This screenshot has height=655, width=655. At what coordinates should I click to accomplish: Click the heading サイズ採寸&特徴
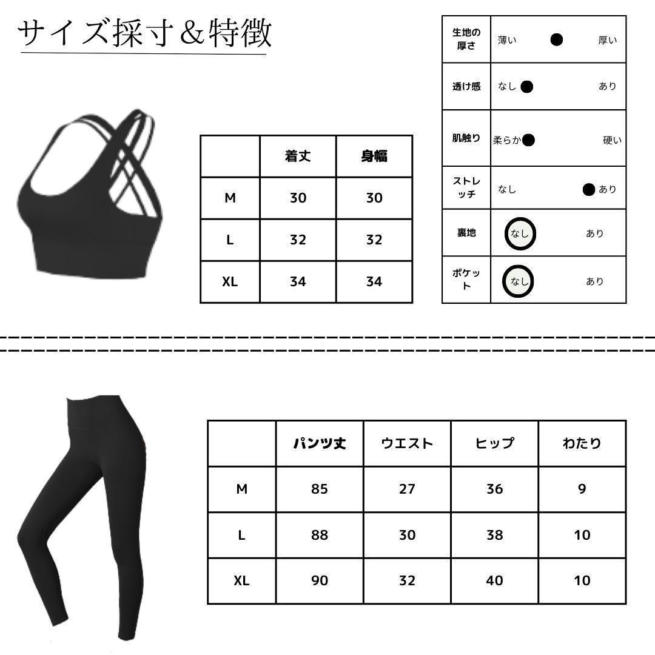(x=144, y=33)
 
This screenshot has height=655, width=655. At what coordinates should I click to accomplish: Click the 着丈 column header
(x=298, y=156)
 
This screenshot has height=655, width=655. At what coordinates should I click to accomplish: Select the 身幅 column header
(x=374, y=156)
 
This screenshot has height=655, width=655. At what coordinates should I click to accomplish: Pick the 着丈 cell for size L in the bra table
(x=298, y=240)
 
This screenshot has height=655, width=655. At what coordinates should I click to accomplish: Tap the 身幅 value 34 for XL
(x=374, y=281)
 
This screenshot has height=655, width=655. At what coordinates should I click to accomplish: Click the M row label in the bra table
(x=230, y=198)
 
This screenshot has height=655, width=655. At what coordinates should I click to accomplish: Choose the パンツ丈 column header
(x=320, y=443)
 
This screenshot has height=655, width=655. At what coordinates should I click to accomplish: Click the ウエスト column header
(x=407, y=443)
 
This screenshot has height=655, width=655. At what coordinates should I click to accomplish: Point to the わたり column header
(x=582, y=443)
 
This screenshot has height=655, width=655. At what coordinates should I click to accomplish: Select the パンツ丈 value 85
(x=320, y=489)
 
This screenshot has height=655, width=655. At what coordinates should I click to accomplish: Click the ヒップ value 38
(x=494, y=535)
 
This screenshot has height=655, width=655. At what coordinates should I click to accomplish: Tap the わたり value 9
(x=582, y=489)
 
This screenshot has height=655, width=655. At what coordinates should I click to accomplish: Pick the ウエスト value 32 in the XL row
(x=407, y=580)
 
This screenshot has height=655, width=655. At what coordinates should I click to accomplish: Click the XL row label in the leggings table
(x=241, y=580)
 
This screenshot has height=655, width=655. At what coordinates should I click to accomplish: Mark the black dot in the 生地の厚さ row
(x=557, y=40)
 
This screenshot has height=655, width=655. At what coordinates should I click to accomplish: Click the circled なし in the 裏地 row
(x=520, y=233)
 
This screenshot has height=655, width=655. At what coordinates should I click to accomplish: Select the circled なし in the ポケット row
(x=519, y=281)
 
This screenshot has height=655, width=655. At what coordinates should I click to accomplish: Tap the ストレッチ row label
(x=466, y=188)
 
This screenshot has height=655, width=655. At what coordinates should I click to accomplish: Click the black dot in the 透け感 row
(x=526, y=87)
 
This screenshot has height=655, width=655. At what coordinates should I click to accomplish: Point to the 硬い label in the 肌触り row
(x=612, y=141)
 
